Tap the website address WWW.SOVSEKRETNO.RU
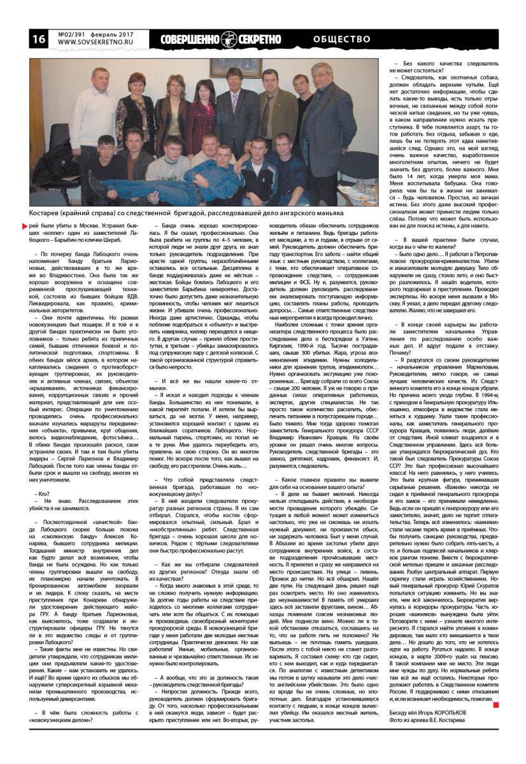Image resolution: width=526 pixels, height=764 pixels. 96,43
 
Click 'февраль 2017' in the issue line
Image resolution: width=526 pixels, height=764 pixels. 114,34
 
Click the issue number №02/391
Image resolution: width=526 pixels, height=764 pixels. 73,34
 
